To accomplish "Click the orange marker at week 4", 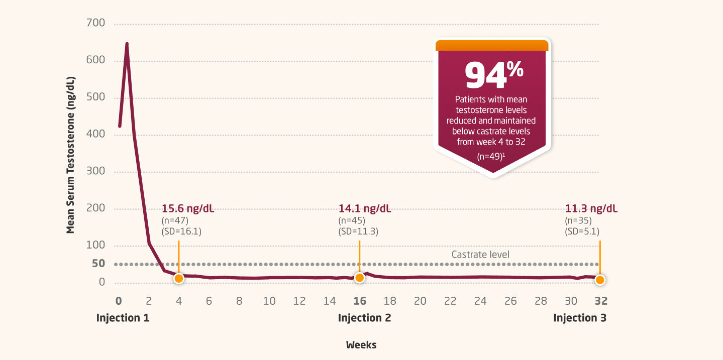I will pyautogui.click(x=178, y=278).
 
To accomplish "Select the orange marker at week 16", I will pyautogui.click(x=359, y=278).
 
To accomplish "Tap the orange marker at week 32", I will pyautogui.click(x=600, y=280).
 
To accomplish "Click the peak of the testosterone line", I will pyautogui.click(x=127, y=44).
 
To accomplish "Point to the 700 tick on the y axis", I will pyautogui.click(x=95, y=23).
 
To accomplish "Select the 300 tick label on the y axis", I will pyautogui.click(x=95, y=171).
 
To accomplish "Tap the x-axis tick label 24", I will pyautogui.click(x=480, y=301).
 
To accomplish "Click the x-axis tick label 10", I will pyautogui.click(x=269, y=301).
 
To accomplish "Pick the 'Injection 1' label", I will pyautogui.click(x=123, y=318).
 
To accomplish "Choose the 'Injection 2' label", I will pyautogui.click(x=364, y=318).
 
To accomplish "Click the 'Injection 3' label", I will pyautogui.click(x=580, y=318).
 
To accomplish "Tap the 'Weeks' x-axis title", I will pyautogui.click(x=361, y=345).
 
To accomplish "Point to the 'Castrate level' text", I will pyautogui.click(x=480, y=255).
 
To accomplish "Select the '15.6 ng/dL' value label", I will pyautogui.click(x=188, y=209).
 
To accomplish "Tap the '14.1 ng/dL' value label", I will pyautogui.click(x=365, y=209).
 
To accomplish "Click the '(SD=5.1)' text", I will pyautogui.click(x=582, y=231).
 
